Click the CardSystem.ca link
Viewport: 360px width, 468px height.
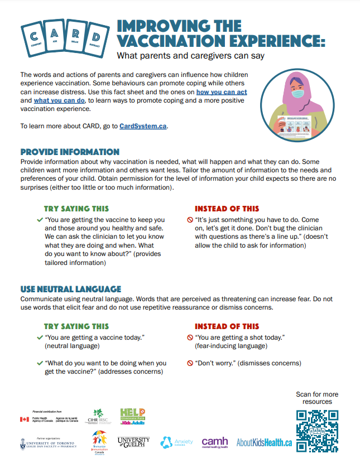coord(143,126)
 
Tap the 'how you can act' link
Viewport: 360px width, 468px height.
coord(222,91)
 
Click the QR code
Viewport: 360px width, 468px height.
coord(317,430)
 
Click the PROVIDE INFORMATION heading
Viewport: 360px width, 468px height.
coord(70,152)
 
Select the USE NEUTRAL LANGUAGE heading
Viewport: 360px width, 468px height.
coord(70,289)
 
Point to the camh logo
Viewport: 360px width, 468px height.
coord(215,442)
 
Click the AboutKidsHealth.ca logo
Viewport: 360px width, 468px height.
coord(264,442)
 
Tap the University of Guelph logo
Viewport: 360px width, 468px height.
coord(134,442)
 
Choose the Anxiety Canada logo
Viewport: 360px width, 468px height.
coord(176,442)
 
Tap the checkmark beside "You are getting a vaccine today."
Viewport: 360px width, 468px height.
coord(39,338)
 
